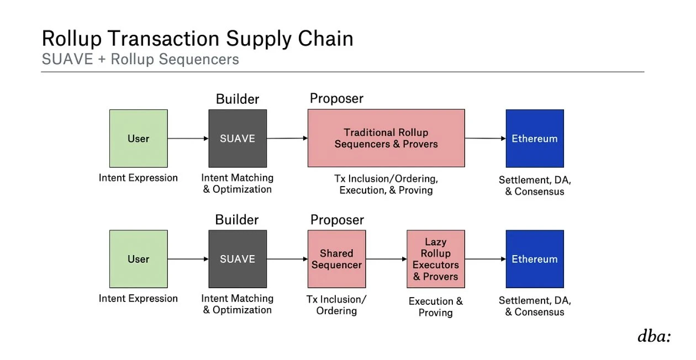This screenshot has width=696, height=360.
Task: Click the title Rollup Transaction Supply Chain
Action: click(x=197, y=39)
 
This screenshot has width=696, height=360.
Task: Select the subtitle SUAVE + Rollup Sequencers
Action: click(x=140, y=60)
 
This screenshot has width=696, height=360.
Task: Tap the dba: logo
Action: click(x=654, y=337)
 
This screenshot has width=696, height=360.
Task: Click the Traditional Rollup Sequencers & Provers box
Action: click(x=386, y=138)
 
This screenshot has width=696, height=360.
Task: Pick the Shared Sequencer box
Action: click(x=336, y=259)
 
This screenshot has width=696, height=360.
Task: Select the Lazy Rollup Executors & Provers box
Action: click(x=435, y=259)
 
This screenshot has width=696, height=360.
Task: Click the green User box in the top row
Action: click(x=138, y=138)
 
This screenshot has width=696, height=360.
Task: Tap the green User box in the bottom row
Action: click(x=138, y=259)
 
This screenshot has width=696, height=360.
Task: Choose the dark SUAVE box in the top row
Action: click(x=238, y=138)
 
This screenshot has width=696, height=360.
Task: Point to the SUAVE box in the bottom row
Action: click(x=238, y=259)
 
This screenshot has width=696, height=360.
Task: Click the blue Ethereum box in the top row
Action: click(x=534, y=138)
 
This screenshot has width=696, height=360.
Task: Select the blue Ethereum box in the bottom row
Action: click(x=534, y=259)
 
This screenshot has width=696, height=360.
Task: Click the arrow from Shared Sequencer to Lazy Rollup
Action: click(x=386, y=259)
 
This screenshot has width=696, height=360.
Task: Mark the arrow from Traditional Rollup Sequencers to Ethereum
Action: click(x=485, y=138)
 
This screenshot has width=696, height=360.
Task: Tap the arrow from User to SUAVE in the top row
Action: click(x=188, y=138)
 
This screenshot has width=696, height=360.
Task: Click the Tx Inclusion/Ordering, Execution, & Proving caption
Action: click(x=386, y=184)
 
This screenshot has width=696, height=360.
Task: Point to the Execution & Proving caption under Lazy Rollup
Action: click(x=435, y=307)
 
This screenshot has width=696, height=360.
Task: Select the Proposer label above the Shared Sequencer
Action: click(x=337, y=220)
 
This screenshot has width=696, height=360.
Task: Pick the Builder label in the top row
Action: click(x=238, y=99)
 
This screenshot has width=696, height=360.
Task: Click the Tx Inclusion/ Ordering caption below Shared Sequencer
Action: click(x=336, y=305)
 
